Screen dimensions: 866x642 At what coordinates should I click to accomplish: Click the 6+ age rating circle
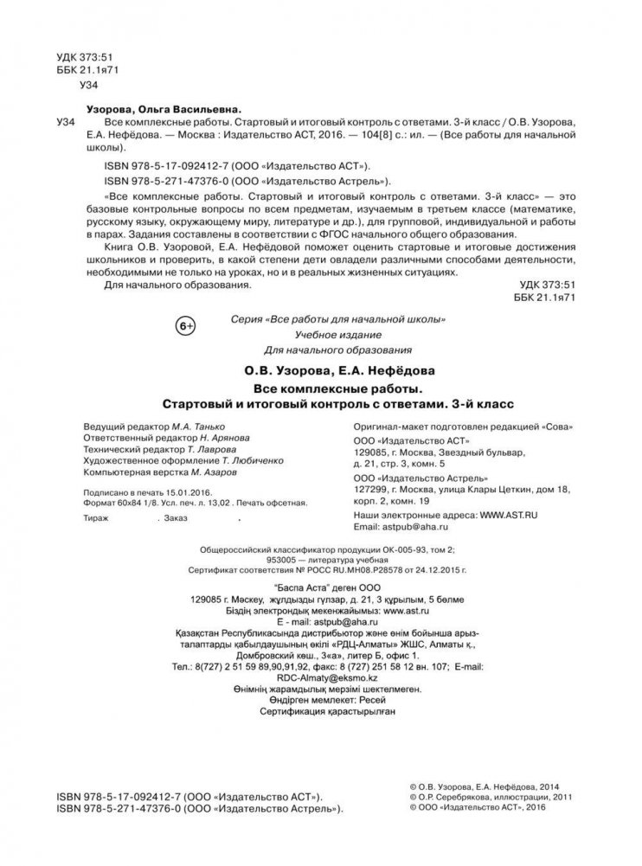tap(186, 325)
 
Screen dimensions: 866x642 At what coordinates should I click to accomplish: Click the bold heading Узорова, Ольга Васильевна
tap(164, 110)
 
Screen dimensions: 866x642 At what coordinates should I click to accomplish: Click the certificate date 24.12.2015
tap(436, 569)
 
